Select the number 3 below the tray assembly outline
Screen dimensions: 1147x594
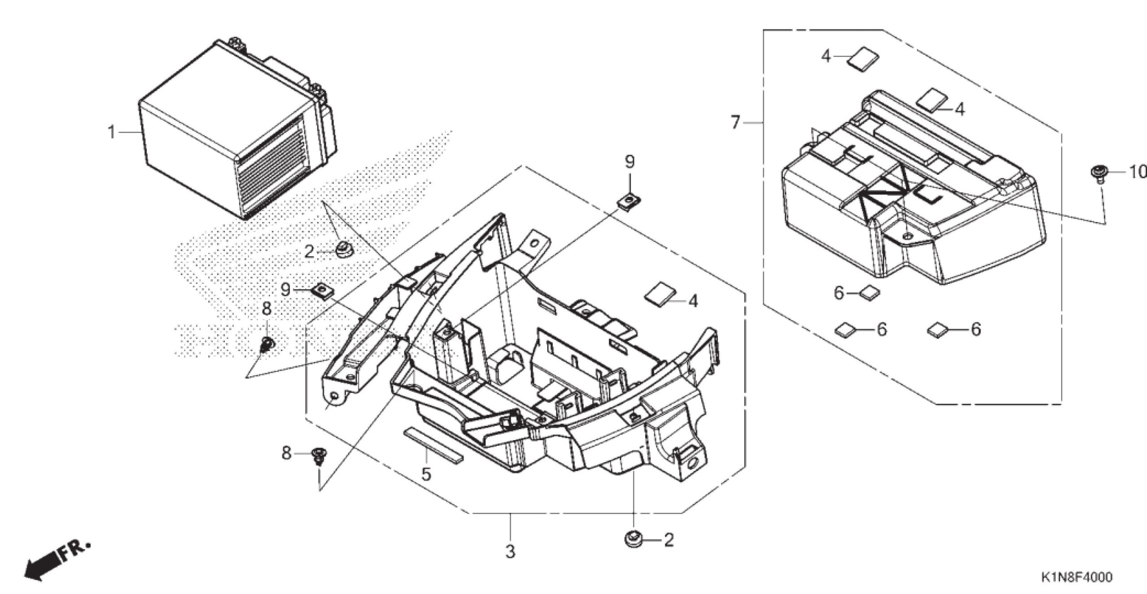pyautogui.click(x=510, y=552)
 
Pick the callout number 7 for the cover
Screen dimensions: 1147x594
pyautogui.click(x=736, y=122)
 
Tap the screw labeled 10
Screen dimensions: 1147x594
pyautogui.click(x=1098, y=173)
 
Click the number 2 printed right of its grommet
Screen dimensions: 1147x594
pyautogui.click(x=668, y=540)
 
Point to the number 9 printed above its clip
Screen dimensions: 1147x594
pyautogui.click(x=630, y=161)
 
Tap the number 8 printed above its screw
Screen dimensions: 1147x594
pyautogui.click(x=267, y=308)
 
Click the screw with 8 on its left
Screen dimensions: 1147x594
pyautogui.click(x=319, y=456)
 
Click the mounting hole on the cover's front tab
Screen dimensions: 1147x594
pyautogui.click(x=907, y=236)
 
